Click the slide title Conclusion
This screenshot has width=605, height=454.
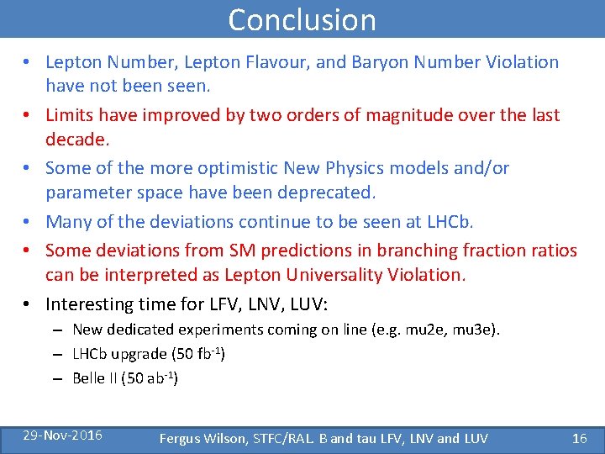[302, 19]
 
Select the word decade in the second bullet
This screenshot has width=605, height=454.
[76, 138]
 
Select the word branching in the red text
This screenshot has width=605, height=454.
[415, 251]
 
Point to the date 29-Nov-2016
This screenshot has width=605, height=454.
[63, 435]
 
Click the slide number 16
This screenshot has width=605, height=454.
[579, 438]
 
